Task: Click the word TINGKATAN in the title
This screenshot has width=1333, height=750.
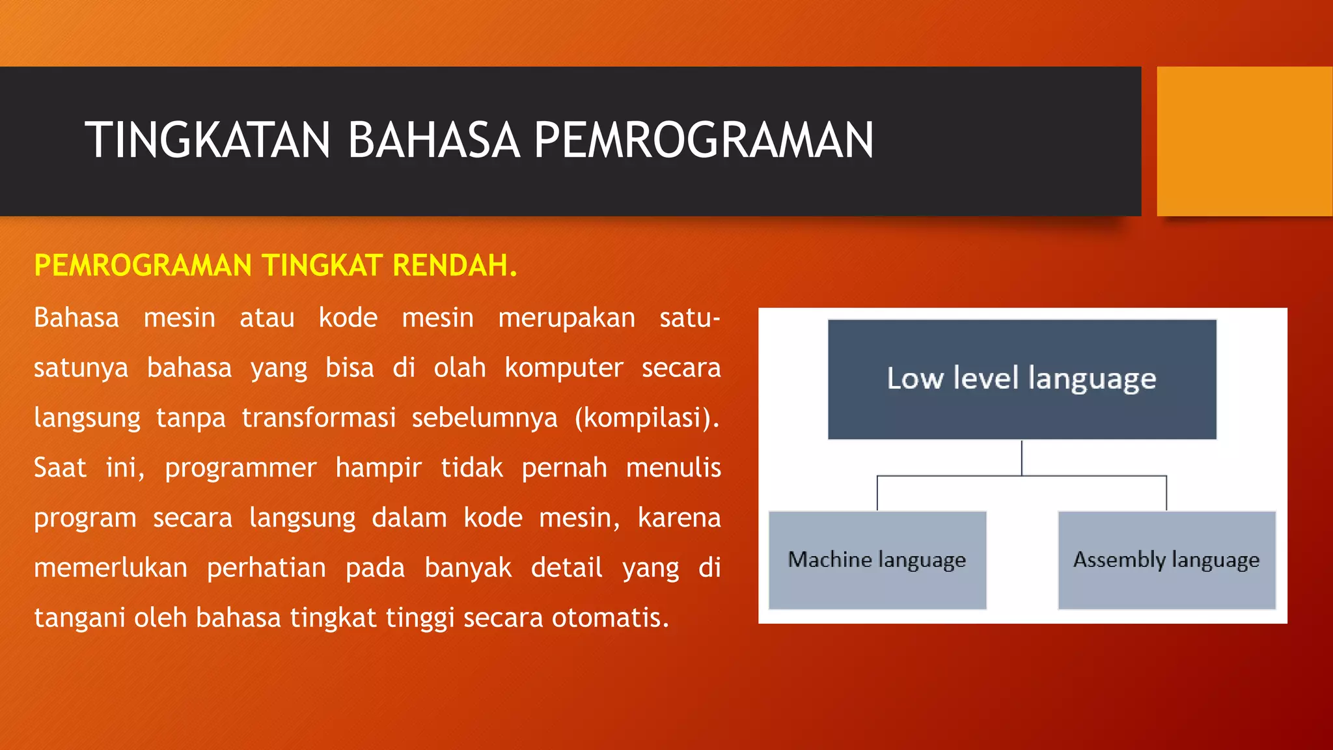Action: pyautogui.click(x=208, y=140)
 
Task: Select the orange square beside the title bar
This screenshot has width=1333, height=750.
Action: pyautogui.click(x=1244, y=141)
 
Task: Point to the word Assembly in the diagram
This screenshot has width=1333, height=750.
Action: pyautogui.click(x=1119, y=560)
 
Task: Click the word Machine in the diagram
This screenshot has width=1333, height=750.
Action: pyautogui.click(x=830, y=559)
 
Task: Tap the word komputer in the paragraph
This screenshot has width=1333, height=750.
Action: pyautogui.click(x=564, y=368)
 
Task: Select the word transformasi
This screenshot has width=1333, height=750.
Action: pyautogui.click(x=318, y=418)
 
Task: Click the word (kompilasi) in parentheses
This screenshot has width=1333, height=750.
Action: pyautogui.click(x=646, y=418)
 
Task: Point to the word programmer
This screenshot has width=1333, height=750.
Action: pyautogui.click(x=240, y=468)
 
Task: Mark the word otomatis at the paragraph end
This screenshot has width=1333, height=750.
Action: pyautogui.click(x=609, y=618)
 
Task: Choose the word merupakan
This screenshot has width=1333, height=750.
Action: pyautogui.click(x=566, y=318)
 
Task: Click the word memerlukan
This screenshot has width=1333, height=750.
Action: pyautogui.click(x=111, y=568)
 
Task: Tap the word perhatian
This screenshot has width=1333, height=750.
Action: pyautogui.click(x=266, y=568)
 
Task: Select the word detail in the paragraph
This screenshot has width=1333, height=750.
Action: pyautogui.click(x=566, y=568)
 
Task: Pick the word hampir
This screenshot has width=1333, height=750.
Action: pyautogui.click(x=378, y=468)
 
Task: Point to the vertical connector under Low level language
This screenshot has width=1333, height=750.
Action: pyautogui.click(x=1021, y=458)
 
